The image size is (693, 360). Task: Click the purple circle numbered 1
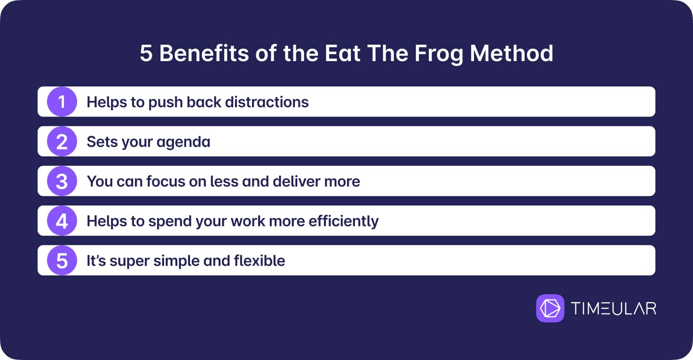62,102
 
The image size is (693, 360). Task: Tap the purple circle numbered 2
62,141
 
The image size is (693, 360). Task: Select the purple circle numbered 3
62,181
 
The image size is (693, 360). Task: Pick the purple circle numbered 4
62,220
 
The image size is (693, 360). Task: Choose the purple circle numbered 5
62,260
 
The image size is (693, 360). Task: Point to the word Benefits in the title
204,53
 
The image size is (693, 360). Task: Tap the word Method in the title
512,53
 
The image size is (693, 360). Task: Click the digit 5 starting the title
146,54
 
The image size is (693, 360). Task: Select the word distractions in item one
267,102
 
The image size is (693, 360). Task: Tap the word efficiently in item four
343,221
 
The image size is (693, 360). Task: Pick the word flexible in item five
259,261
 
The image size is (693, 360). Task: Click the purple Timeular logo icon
550,308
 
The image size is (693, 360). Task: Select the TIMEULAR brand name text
614,309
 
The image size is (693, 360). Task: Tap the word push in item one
165,102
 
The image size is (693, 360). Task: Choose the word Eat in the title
342,54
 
